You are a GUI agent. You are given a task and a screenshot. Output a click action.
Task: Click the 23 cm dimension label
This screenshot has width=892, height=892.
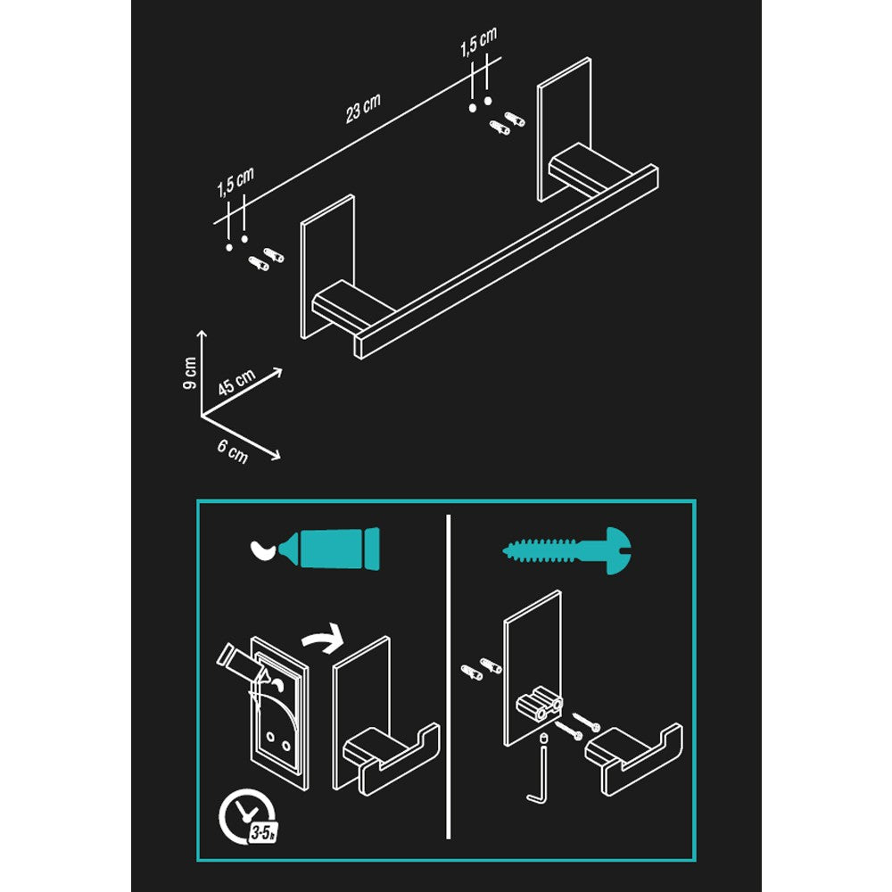coord(363,107)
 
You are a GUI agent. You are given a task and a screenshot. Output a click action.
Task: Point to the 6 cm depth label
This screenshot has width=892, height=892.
coord(233,452)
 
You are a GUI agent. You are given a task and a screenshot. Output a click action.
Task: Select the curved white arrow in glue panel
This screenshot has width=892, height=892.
coord(322,635)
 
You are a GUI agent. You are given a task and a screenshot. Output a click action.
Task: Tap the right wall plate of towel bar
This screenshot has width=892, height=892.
coord(564,129)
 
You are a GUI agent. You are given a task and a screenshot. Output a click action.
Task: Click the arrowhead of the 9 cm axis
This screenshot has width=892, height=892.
coord(202,334)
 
